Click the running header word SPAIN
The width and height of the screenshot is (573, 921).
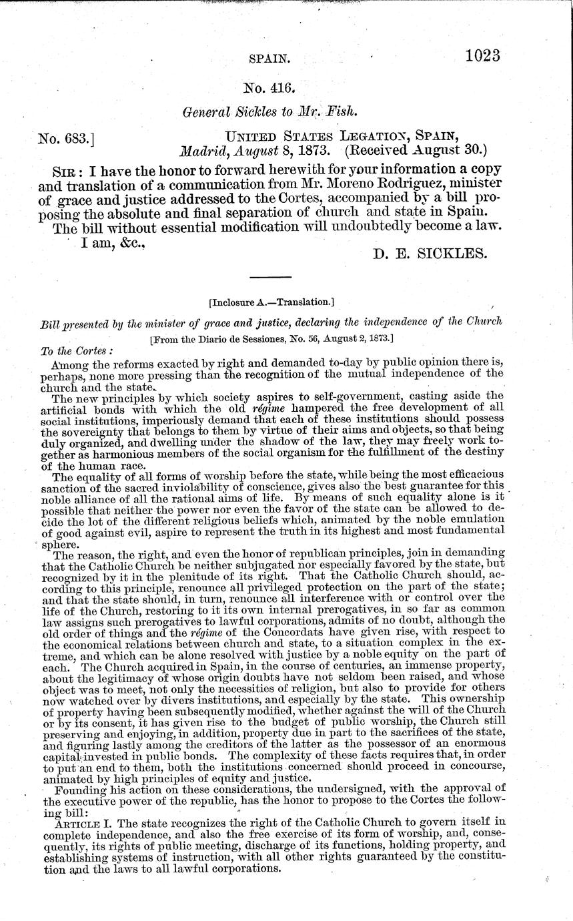click(x=268, y=59)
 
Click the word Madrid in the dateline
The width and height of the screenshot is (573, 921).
click(x=203, y=152)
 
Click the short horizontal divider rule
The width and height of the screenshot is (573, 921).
click(x=271, y=277)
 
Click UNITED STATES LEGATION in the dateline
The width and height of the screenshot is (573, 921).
click(x=314, y=137)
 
